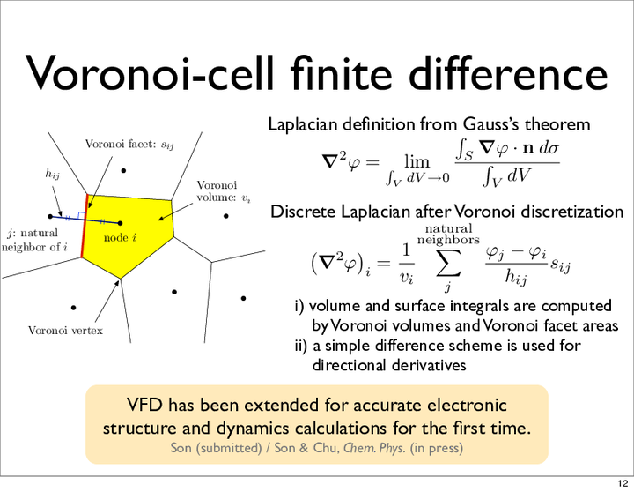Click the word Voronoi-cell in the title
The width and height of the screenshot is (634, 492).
(x=150, y=73)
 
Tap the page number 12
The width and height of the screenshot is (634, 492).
(x=623, y=483)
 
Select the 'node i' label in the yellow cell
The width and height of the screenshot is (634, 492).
(x=120, y=237)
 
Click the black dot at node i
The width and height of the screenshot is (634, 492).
(x=120, y=223)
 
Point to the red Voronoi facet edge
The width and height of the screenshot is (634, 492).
(x=85, y=226)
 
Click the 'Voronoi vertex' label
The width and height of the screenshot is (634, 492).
(x=65, y=331)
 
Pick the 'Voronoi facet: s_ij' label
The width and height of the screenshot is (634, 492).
(x=129, y=144)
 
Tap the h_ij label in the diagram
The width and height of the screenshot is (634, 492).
(x=52, y=174)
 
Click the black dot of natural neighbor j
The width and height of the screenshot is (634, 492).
(x=50, y=217)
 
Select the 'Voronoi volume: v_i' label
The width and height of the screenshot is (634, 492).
(x=224, y=191)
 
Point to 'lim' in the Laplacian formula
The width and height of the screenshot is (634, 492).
(x=417, y=162)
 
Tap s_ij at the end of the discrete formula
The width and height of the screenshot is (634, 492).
(x=560, y=265)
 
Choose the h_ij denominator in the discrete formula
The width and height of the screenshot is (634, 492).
(x=515, y=278)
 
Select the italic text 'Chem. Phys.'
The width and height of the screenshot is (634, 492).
(x=374, y=448)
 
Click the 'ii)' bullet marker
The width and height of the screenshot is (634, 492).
(x=301, y=346)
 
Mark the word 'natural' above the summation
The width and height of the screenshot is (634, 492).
(x=448, y=229)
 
